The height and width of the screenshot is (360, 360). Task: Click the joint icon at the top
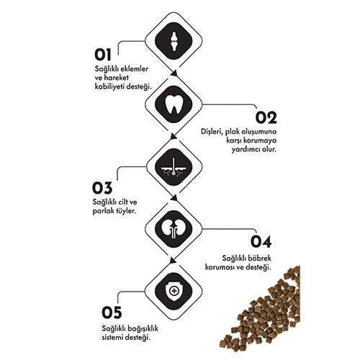click(x=174, y=41)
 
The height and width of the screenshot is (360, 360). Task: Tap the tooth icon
click(x=174, y=104)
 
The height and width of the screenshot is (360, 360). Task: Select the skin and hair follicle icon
click(x=174, y=166)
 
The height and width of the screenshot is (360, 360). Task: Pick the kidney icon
click(x=174, y=229)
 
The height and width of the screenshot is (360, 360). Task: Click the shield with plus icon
click(x=174, y=292)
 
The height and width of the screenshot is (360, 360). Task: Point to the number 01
click(x=103, y=55)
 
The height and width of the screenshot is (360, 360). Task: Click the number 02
click(x=266, y=117)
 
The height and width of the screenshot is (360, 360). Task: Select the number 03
click(x=102, y=188)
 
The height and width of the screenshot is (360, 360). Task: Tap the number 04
click(x=261, y=242)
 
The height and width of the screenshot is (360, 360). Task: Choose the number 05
click(x=112, y=312)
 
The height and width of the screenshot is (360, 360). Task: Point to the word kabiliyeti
click(x=109, y=86)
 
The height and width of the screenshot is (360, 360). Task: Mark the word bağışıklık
click(x=143, y=328)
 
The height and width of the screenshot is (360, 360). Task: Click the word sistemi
click(x=112, y=337)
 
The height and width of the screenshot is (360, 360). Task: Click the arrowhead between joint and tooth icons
click(x=174, y=73)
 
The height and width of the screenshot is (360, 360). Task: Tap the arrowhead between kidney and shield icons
click(x=173, y=261)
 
